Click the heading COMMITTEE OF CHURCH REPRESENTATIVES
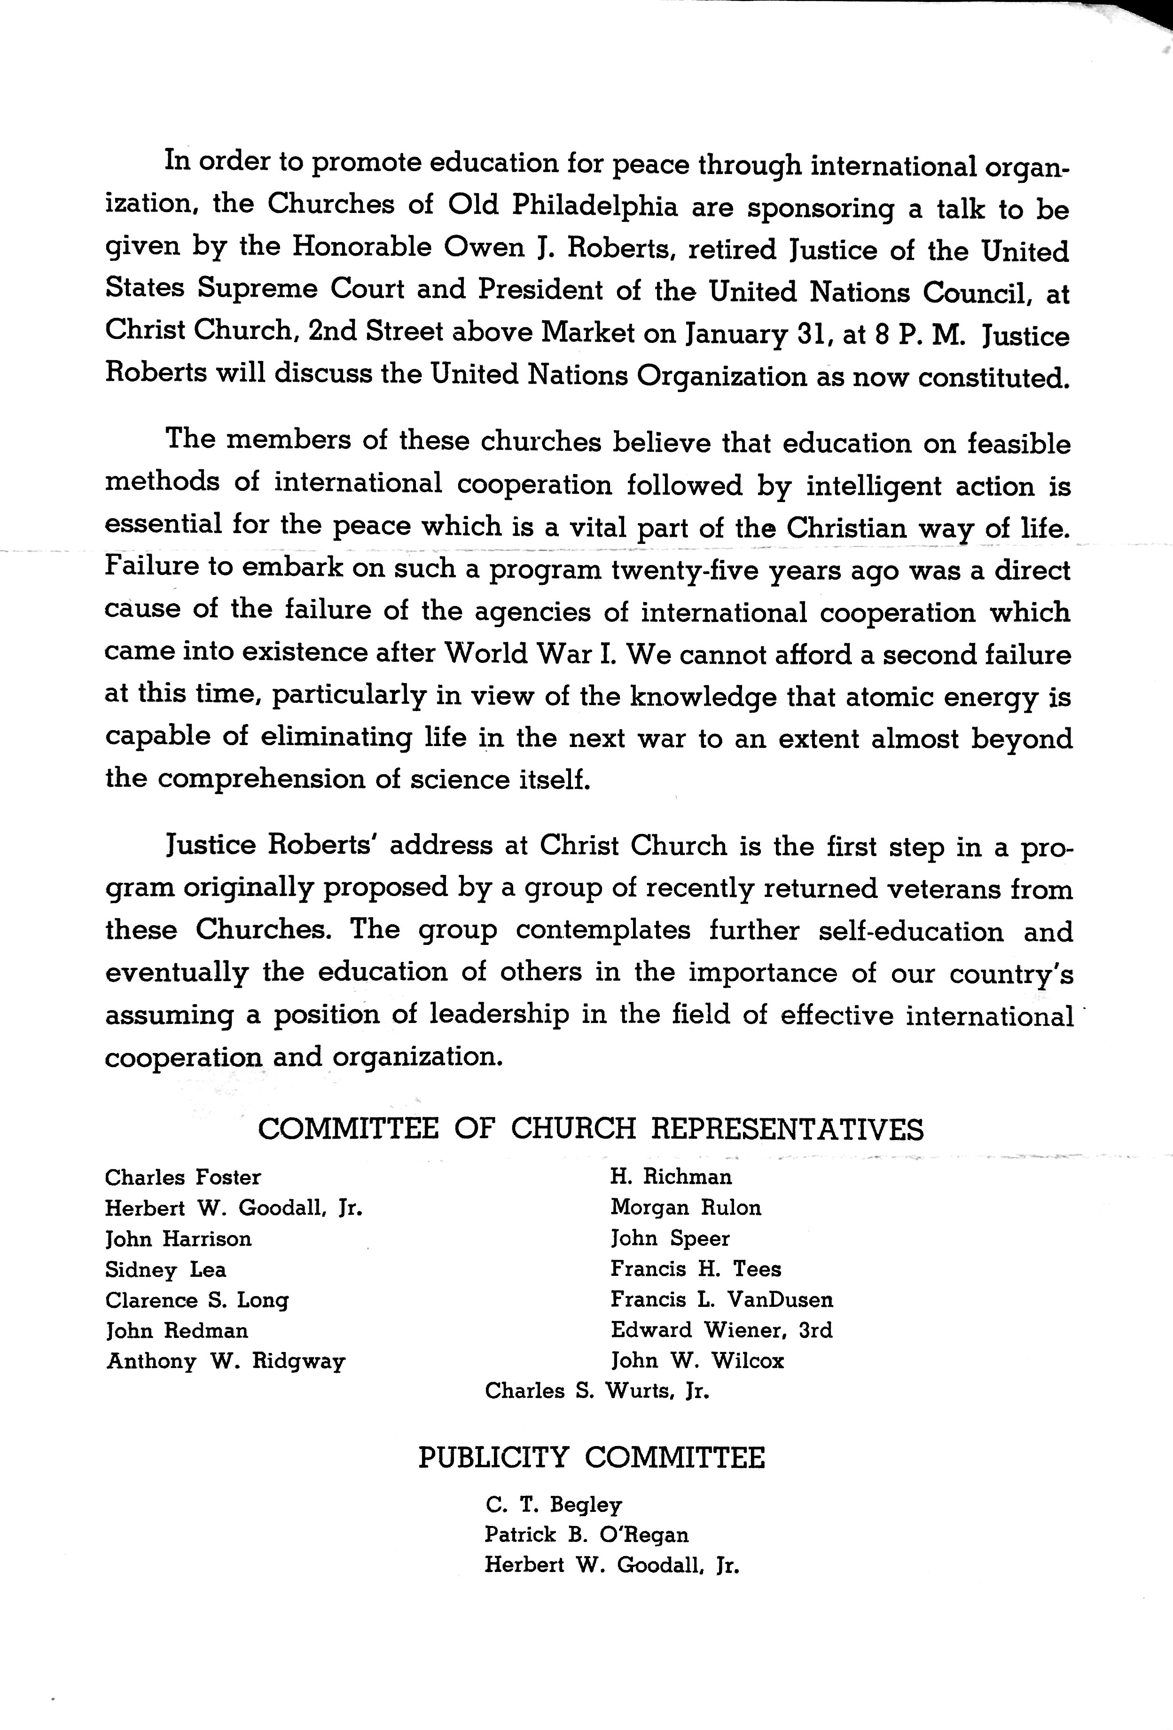coord(590,1129)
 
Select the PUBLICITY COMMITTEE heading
coord(591,1457)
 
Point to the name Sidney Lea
coord(165,1269)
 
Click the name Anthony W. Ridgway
coord(226,1361)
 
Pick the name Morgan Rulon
coord(686,1207)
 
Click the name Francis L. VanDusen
coord(722,1300)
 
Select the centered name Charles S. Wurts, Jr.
coord(597,1391)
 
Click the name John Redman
coord(177,1330)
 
